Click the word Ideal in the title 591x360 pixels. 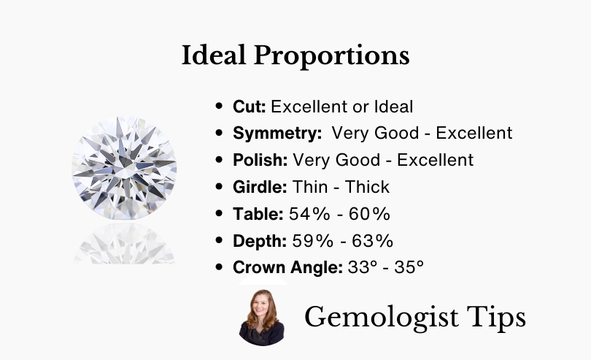pyautogui.click(x=214, y=55)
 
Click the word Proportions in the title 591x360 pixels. pyautogui.click(x=332, y=57)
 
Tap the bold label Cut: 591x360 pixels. pyautogui.click(x=249, y=107)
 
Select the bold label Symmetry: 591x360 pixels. pyautogui.click(x=277, y=134)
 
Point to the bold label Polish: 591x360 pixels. pyautogui.click(x=260, y=160)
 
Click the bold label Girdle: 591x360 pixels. pyautogui.click(x=260, y=187)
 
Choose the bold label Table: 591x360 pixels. pyautogui.click(x=258, y=214)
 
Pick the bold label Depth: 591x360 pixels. pyautogui.click(x=260, y=241)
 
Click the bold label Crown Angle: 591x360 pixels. pyautogui.click(x=287, y=268)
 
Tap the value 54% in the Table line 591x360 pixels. pyautogui.click(x=309, y=214)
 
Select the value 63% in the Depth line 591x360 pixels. pyautogui.click(x=372, y=241)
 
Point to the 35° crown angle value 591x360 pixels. pyautogui.click(x=409, y=267)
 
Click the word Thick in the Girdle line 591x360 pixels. pyautogui.click(x=367, y=187)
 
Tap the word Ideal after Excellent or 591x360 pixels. pyautogui.click(x=393, y=107)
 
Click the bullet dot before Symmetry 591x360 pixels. pyautogui.click(x=219, y=132)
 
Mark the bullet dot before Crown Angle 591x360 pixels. pyautogui.click(x=219, y=267)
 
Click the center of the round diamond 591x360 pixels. pyautogui.click(x=124, y=168)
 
